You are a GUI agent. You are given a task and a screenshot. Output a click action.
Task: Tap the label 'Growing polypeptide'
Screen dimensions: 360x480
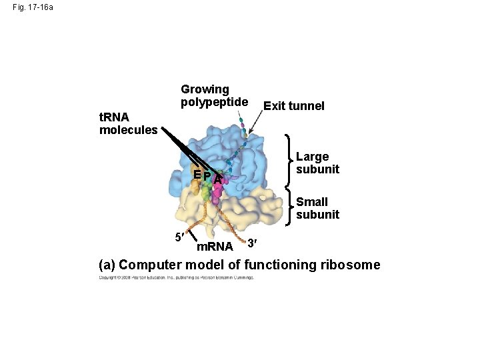click(x=213, y=95)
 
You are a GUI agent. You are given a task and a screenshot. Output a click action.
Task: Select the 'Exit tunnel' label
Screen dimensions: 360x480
click(x=294, y=106)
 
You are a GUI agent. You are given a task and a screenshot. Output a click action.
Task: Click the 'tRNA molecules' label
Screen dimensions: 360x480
click(x=128, y=123)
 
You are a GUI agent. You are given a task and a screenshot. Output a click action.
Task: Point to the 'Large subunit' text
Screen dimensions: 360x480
click(x=317, y=163)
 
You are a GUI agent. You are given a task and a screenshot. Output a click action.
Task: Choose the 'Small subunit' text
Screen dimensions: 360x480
click(x=317, y=208)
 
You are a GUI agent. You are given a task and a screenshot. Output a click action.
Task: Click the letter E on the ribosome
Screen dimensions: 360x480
click(x=197, y=175)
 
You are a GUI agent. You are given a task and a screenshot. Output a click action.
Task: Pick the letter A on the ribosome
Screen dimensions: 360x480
click(x=217, y=178)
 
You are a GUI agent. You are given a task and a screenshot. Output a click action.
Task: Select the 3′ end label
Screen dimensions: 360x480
click(x=251, y=243)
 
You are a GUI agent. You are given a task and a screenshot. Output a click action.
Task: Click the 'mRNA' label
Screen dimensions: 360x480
click(x=215, y=247)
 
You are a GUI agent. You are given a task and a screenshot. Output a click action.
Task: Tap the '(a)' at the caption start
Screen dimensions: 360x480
click(x=107, y=265)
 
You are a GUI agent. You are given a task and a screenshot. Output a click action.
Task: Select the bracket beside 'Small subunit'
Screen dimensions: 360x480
click(x=290, y=208)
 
